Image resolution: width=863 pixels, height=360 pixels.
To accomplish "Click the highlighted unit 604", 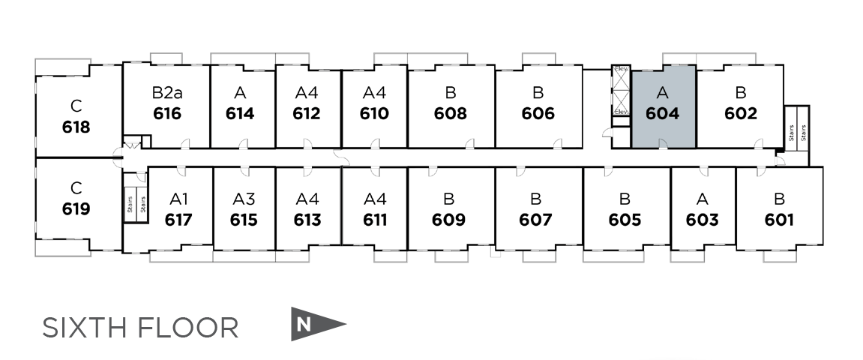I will (x=663, y=106).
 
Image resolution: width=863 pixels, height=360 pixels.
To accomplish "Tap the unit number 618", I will (x=76, y=127).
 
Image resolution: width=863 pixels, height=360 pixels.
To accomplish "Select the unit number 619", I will (x=76, y=208).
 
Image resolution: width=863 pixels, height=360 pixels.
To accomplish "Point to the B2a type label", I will (x=166, y=93).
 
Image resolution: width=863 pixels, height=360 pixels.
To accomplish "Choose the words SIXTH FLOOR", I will (x=141, y=328).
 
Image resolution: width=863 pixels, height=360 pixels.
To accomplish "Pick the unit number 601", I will (x=780, y=220).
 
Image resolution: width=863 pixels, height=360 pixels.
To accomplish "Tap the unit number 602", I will (x=741, y=114).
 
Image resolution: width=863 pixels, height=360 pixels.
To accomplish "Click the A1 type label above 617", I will (x=178, y=199).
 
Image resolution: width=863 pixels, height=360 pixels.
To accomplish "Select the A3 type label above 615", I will (x=244, y=199).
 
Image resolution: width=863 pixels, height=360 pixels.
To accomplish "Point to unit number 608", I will (x=451, y=114).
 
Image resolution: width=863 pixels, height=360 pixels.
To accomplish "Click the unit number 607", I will (x=535, y=220).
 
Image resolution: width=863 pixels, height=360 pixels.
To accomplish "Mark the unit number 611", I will (x=374, y=220).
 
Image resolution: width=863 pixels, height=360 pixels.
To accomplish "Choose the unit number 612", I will (x=307, y=114).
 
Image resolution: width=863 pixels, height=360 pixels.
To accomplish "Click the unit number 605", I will (x=625, y=220).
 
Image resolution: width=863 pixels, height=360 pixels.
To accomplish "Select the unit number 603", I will (x=703, y=220).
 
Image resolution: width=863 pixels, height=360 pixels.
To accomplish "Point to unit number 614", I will (x=240, y=114).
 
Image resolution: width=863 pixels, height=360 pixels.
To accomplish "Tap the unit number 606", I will (x=538, y=114).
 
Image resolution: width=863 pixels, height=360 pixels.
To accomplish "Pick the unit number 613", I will (x=307, y=220).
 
